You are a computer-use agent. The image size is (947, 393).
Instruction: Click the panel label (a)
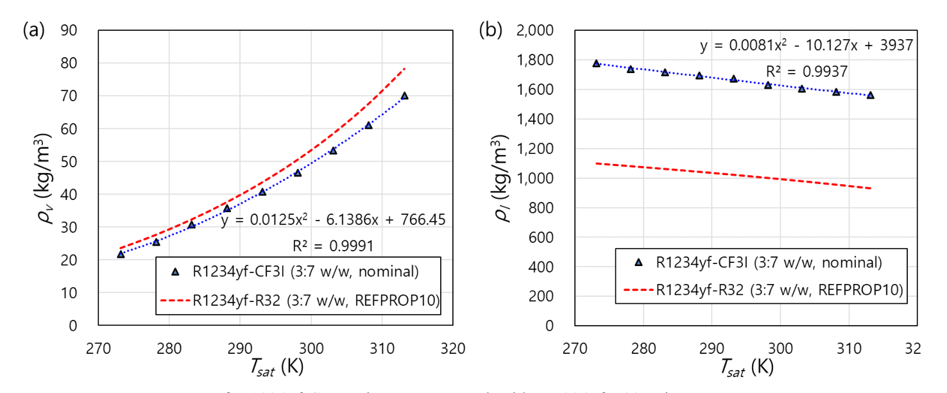(x=33, y=29)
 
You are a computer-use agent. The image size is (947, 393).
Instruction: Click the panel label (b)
(x=491, y=30)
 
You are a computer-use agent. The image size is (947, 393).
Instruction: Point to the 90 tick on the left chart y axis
(x=69, y=30)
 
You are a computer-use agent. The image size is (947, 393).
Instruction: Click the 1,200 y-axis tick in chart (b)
(x=540, y=149)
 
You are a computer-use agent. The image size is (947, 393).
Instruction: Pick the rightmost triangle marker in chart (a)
(x=404, y=96)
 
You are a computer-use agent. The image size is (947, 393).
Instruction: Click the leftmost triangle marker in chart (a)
(x=121, y=255)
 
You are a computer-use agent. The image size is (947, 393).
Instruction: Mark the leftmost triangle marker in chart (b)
(x=596, y=63)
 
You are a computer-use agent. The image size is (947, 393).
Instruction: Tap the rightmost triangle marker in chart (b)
(x=871, y=95)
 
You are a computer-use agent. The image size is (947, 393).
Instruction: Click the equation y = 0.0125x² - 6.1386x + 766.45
(x=333, y=221)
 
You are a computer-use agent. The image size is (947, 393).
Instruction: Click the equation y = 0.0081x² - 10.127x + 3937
(x=806, y=46)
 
